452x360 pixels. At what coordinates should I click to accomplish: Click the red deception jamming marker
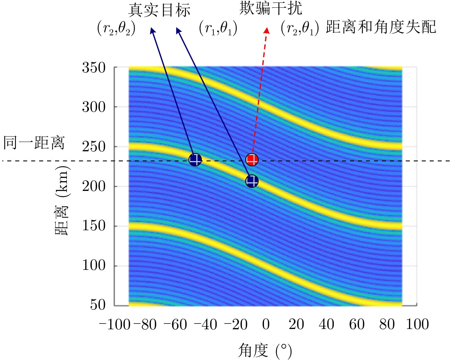(x=252, y=159)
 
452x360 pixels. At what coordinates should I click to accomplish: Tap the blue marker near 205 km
(x=252, y=181)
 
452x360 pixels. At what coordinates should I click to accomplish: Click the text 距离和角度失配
(x=381, y=27)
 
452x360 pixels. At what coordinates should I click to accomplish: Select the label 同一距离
(x=34, y=143)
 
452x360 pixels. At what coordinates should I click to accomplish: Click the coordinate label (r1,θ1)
(x=218, y=28)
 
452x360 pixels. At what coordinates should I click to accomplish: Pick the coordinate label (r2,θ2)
(x=116, y=28)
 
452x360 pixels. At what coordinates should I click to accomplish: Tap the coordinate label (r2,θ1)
(x=300, y=28)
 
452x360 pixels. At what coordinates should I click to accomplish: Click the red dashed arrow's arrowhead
(x=267, y=30)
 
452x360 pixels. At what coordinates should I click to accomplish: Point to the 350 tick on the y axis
(x=94, y=68)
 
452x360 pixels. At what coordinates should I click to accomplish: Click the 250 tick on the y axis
(x=94, y=147)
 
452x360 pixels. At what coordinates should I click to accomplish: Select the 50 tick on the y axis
(x=98, y=305)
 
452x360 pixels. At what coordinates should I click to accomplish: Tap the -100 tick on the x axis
(x=115, y=324)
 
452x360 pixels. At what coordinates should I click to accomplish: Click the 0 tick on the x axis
(x=266, y=324)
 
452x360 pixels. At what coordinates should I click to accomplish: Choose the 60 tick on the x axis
(x=357, y=324)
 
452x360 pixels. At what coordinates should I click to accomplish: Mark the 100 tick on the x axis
(x=417, y=324)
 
